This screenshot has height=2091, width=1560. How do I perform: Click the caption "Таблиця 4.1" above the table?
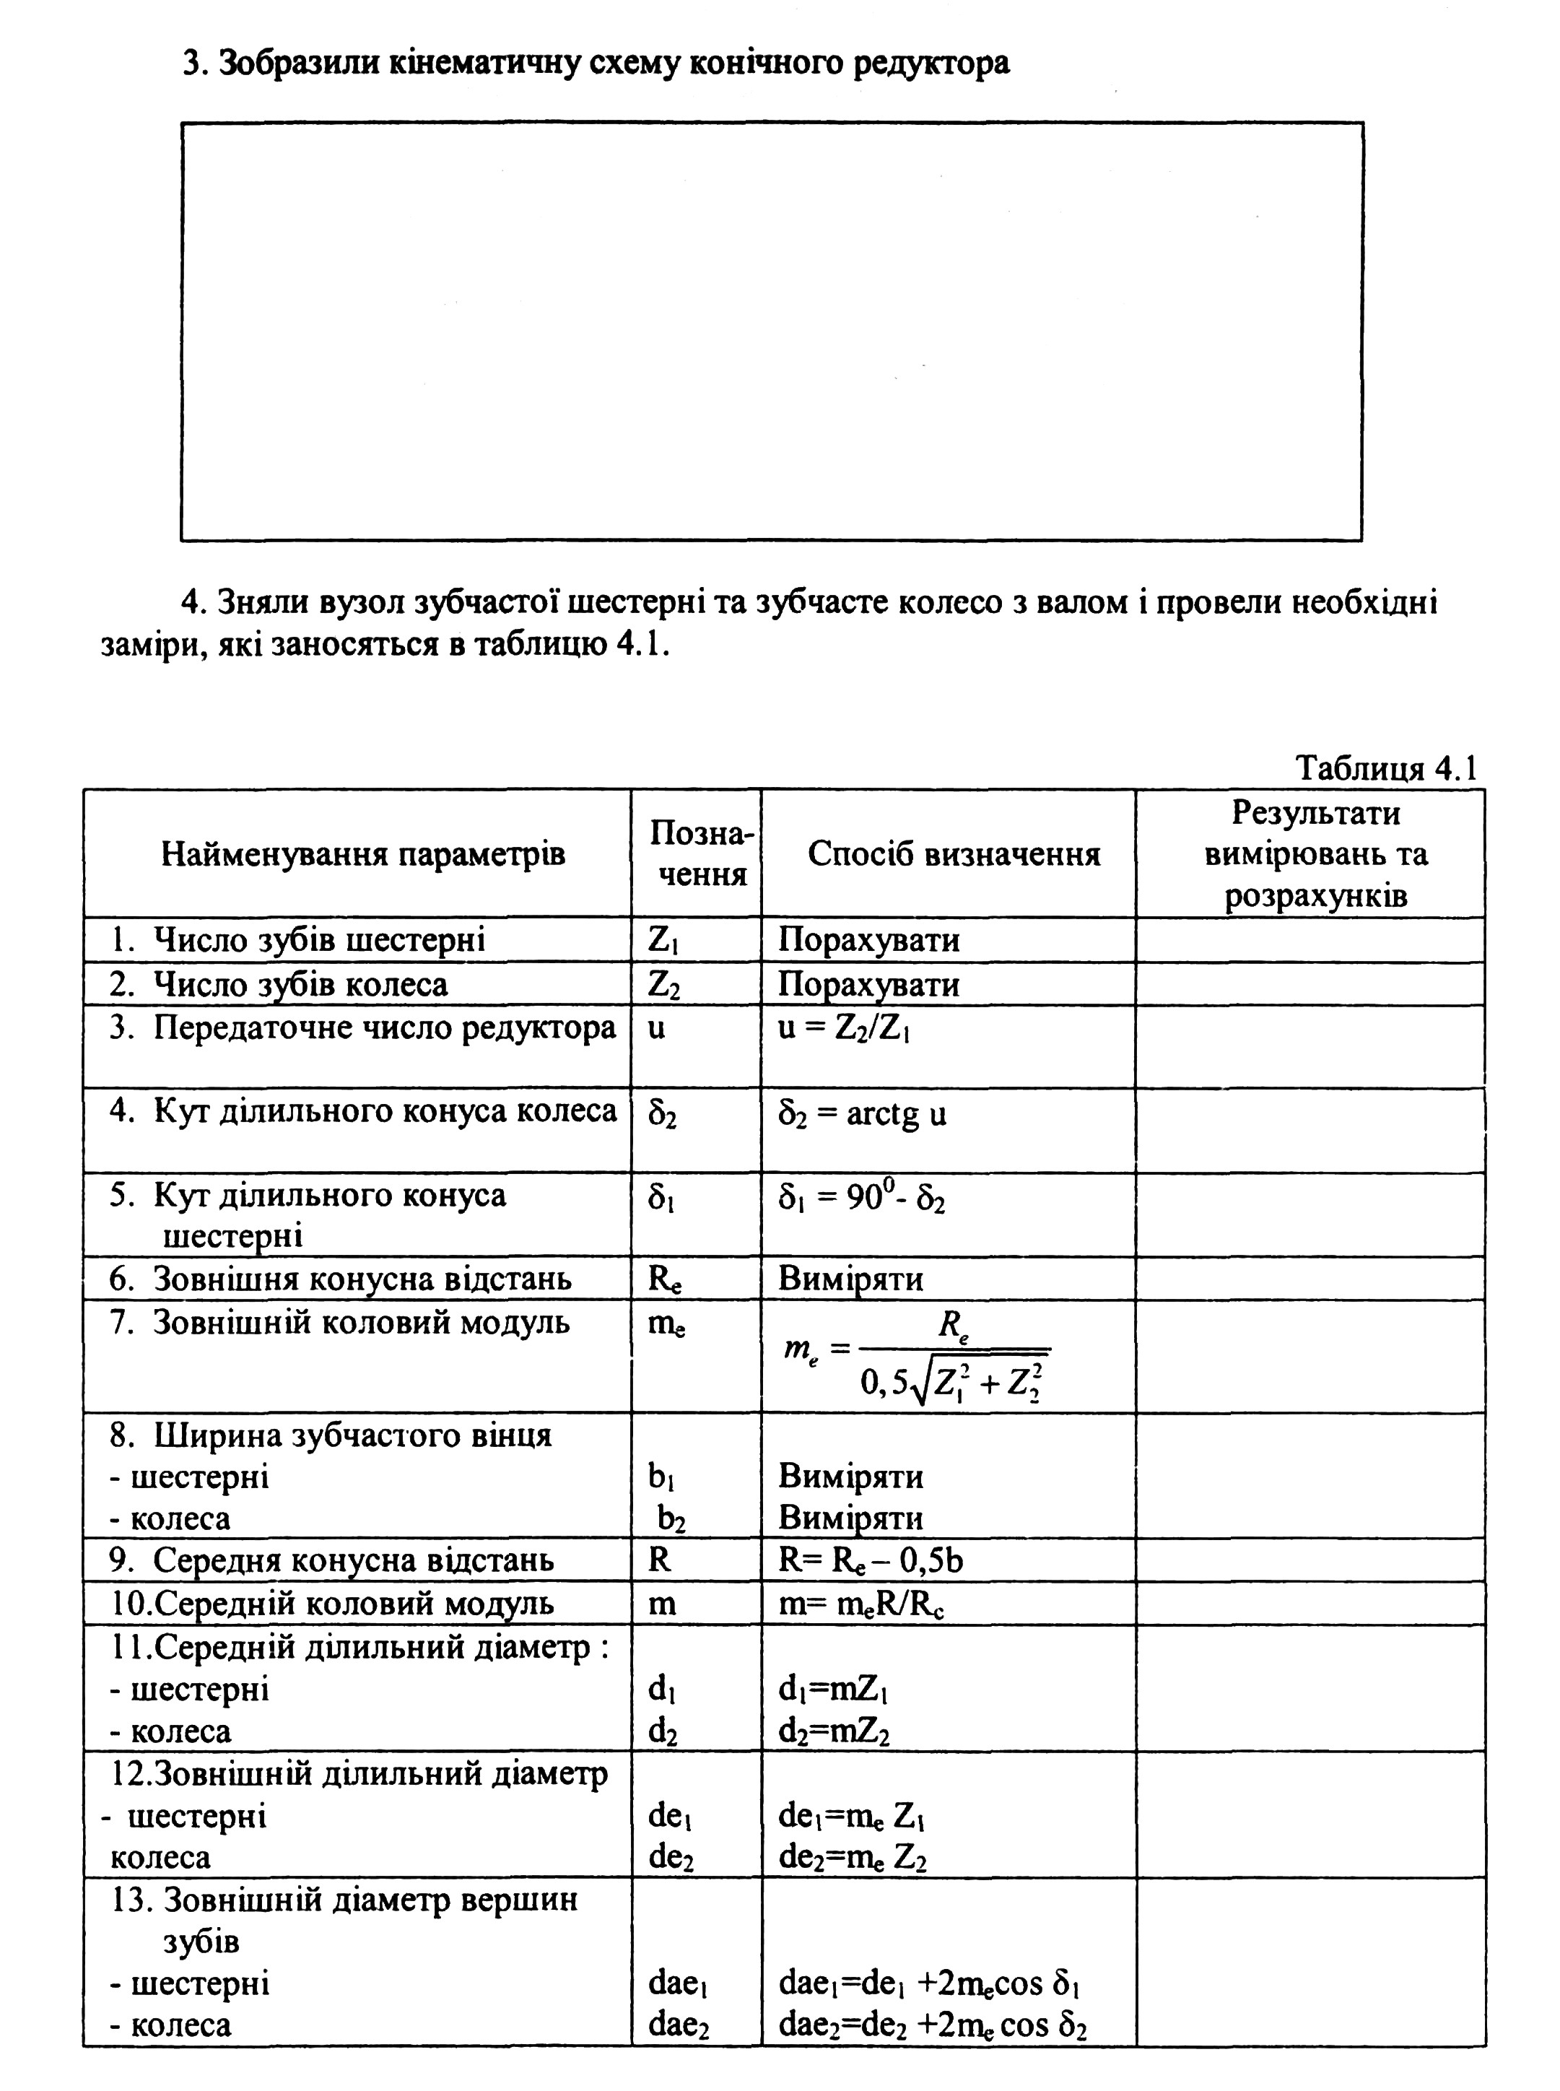click(1385, 768)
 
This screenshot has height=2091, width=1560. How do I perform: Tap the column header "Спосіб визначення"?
click(954, 853)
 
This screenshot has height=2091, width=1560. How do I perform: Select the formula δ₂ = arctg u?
click(861, 1114)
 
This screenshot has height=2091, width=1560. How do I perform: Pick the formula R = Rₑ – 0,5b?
click(871, 1560)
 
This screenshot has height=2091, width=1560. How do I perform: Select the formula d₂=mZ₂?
click(834, 1732)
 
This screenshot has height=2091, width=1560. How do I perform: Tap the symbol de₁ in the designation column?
click(671, 1815)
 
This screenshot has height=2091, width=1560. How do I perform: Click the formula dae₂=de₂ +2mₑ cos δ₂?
click(932, 2025)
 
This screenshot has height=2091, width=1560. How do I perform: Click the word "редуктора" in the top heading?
click(930, 64)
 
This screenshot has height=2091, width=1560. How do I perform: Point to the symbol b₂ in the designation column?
click(671, 1518)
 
